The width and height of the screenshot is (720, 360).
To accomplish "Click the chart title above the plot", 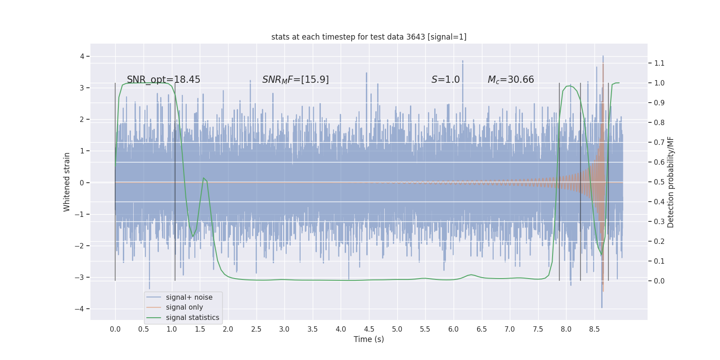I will (369, 37).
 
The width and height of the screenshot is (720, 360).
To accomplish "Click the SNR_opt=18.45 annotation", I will (163, 80).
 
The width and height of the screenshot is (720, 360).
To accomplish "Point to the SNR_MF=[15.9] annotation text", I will (295, 80).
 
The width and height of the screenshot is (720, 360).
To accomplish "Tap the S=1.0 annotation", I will (445, 80).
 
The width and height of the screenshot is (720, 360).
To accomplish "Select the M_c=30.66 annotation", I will (510, 80).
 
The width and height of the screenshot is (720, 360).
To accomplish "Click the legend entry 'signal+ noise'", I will (189, 297).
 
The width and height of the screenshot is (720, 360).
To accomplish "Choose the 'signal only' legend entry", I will (184, 307).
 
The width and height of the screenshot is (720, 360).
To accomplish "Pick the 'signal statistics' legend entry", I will (192, 318).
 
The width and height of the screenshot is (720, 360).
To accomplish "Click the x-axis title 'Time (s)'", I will (369, 339).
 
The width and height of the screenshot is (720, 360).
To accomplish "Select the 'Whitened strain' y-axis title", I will (67, 182).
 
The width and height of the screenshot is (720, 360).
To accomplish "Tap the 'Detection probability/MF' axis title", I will (670, 182).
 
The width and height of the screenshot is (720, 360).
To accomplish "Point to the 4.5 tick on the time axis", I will (369, 329).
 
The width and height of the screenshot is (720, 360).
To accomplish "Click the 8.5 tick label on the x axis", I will (594, 329).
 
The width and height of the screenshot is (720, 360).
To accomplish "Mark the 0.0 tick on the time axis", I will (115, 329).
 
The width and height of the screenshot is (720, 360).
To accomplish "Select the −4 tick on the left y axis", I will (79, 309).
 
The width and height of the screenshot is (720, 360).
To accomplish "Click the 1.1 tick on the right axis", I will (659, 63).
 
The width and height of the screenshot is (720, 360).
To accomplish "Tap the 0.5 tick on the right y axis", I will (659, 182).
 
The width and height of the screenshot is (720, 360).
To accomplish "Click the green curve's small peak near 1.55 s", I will (203, 178).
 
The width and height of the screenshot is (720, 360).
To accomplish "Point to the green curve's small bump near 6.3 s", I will (471, 274).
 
